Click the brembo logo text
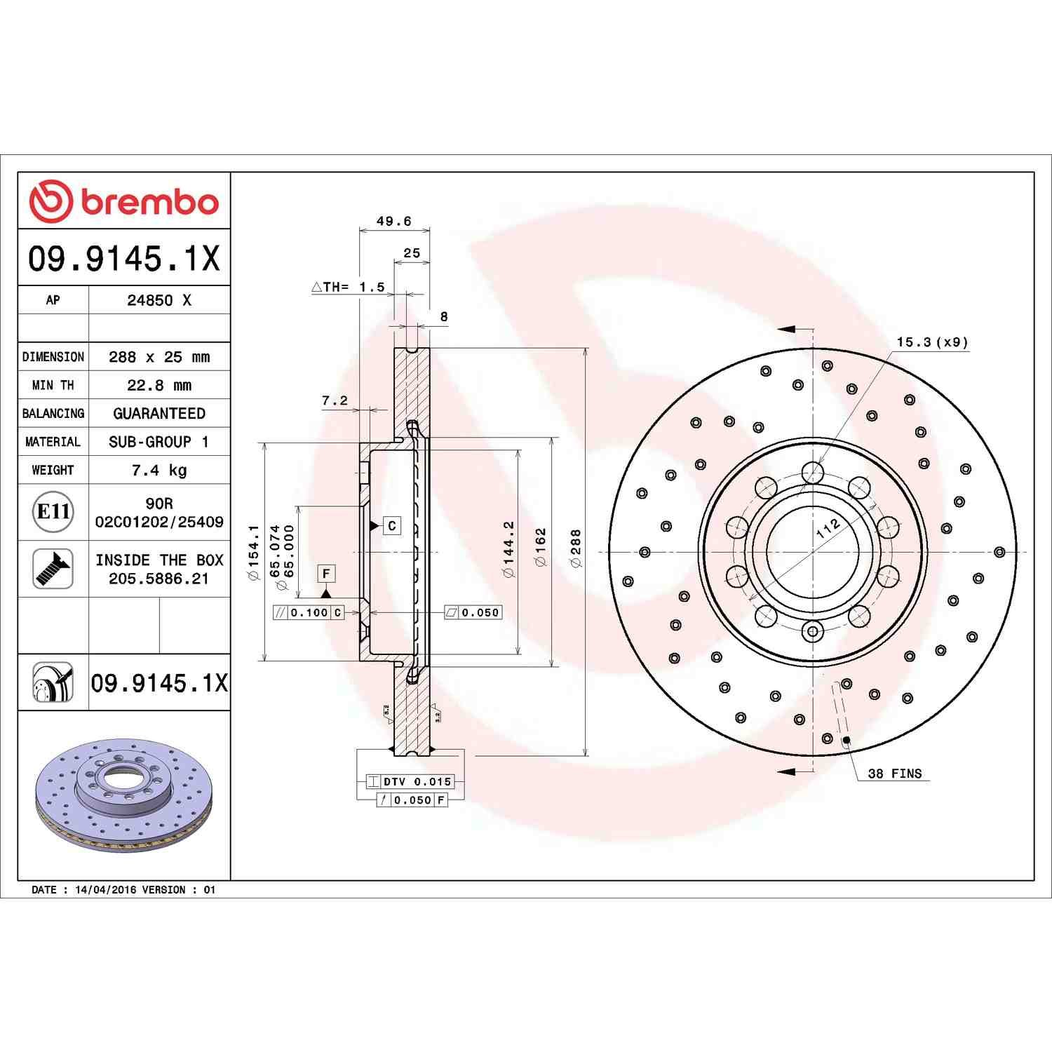click(x=150, y=203)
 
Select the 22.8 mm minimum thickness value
click(x=159, y=385)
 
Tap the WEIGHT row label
click(x=53, y=470)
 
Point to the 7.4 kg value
click(x=159, y=470)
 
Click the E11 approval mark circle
click(x=53, y=511)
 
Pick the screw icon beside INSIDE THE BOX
click(x=53, y=569)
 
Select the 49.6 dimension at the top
click(x=394, y=221)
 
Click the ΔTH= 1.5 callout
click(x=349, y=287)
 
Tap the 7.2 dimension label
click(x=335, y=400)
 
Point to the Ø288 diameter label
click(x=576, y=548)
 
